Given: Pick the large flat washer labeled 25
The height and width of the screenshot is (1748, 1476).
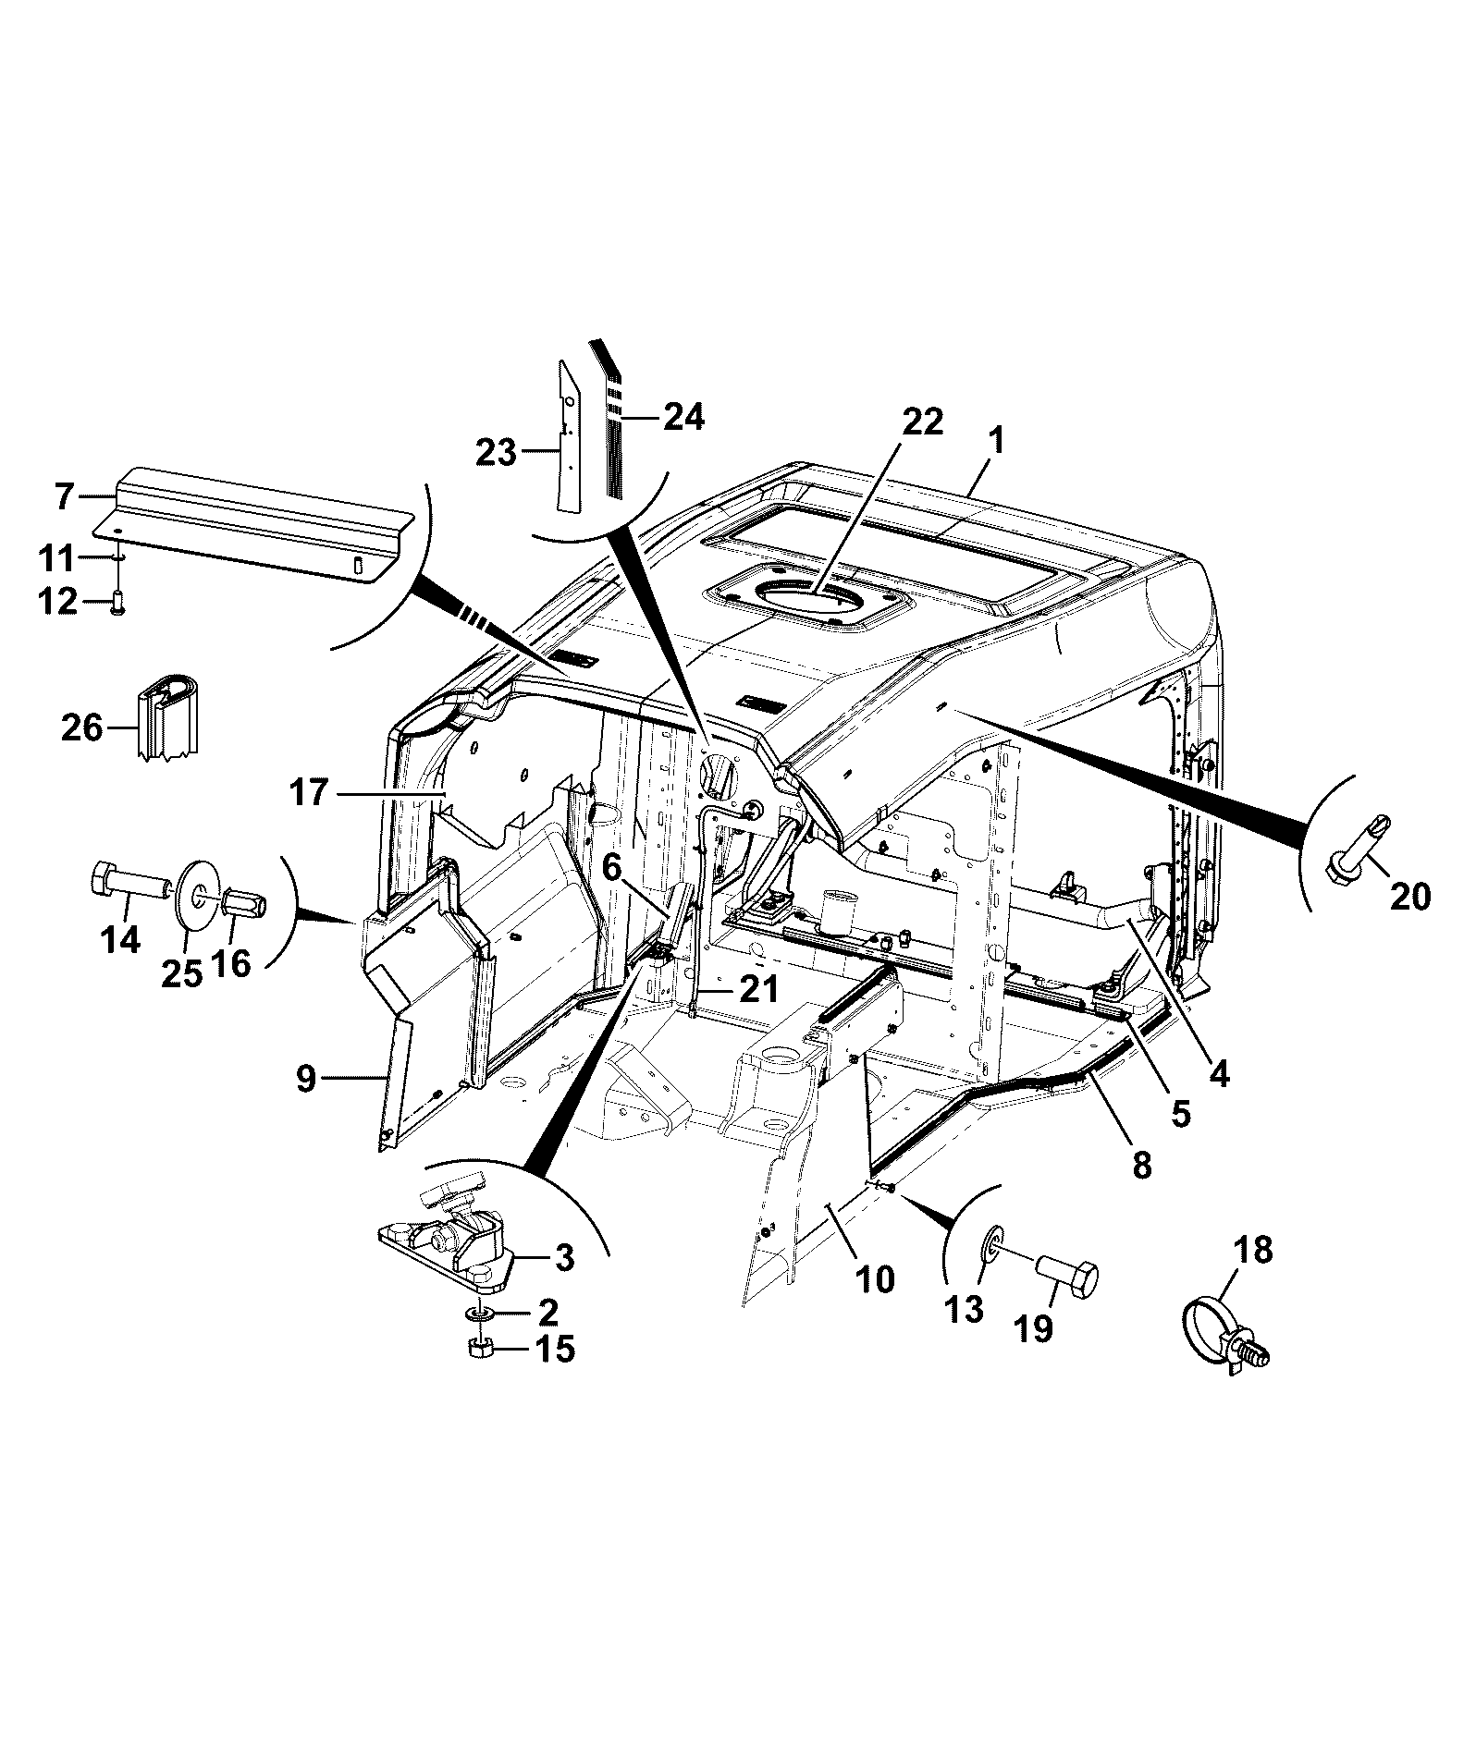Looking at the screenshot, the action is (197, 897).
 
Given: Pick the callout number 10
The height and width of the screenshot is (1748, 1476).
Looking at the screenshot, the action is (874, 1280).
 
